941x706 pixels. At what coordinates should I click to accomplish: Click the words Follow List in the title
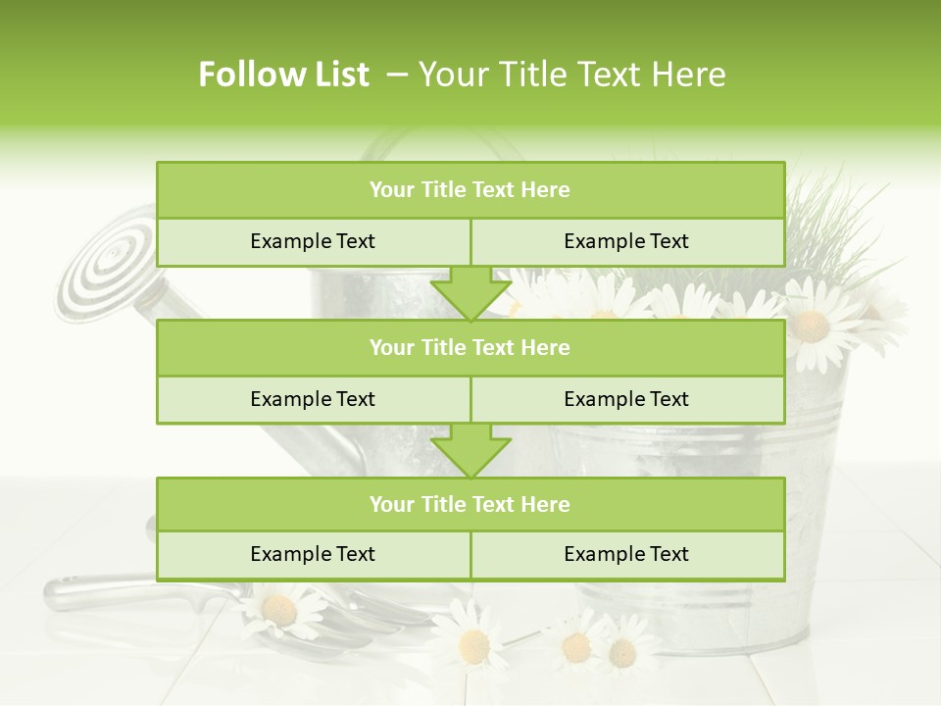[283, 75]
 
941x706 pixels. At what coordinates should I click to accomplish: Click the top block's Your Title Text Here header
[470, 190]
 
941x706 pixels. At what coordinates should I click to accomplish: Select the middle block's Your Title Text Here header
[470, 347]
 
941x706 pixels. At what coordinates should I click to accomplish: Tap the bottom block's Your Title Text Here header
[470, 504]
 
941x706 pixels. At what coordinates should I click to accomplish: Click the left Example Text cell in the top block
[313, 241]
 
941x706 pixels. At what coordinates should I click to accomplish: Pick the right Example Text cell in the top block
[626, 241]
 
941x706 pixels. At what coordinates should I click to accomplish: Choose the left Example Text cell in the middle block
[313, 399]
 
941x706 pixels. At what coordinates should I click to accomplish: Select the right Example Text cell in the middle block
[626, 399]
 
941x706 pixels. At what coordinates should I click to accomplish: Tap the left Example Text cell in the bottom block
[313, 554]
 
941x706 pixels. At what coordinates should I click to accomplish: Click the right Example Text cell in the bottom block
[626, 554]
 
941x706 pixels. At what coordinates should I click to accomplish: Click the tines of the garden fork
[392, 613]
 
